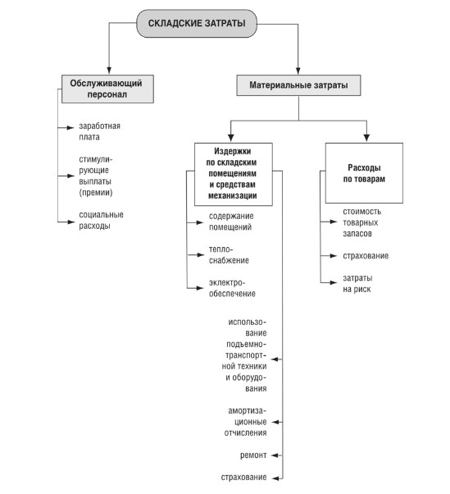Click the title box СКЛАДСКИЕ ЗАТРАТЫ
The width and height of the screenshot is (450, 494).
tap(197, 23)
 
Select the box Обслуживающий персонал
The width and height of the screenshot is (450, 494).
tap(107, 89)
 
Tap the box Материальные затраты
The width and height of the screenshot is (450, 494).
tap(298, 85)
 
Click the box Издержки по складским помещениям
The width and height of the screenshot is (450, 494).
tap(233, 174)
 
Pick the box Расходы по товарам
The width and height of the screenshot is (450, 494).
tap(364, 173)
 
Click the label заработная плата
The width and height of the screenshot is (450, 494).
tap(99, 131)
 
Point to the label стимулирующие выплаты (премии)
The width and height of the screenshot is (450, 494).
tap(96, 176)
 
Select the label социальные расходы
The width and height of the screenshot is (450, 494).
tap(101, 220)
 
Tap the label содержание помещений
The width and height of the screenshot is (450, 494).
tap(231, 222)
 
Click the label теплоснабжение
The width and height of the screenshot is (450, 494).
tap(229, 255)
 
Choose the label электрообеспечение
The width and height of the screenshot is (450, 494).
tap(232, 288)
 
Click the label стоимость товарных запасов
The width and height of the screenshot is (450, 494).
tap(362, 222)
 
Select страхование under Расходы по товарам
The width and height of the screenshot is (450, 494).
tap(366, 256)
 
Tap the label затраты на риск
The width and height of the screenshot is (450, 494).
tap(357, 284)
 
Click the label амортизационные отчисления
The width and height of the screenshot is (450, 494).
tap(245, 422)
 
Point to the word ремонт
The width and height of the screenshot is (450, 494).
tap(253, 455)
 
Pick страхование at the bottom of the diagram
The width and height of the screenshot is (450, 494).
tap(244, 478)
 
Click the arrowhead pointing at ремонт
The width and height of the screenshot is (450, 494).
tap(275, 455)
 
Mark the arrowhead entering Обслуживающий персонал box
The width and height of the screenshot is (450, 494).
tap(109, 71)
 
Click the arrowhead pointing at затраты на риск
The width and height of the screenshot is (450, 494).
tap(334, 282)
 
